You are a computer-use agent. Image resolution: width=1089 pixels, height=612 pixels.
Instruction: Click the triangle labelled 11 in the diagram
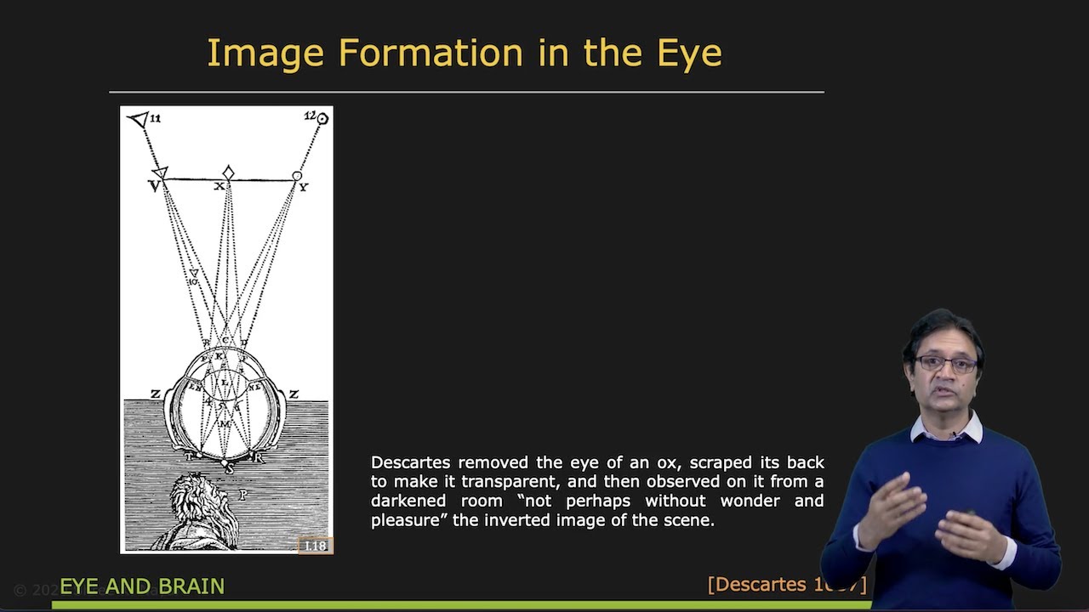[x=138, y=120]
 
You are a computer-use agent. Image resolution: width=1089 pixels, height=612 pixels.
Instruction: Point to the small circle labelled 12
[x=322, y=119]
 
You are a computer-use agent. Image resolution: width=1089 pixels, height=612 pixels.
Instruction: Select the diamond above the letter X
[x=228, y=173]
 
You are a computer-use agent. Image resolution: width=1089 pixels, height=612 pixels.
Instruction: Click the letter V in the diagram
[x=154, y=186]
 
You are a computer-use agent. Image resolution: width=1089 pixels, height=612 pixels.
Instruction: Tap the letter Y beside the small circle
[x=304, y=187]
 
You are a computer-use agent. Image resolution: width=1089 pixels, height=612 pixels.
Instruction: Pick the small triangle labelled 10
[x=193, y=274]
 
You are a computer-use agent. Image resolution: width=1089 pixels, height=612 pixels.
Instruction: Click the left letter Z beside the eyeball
[x=155, y=394]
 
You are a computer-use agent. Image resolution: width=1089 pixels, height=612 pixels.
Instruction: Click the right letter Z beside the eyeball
[x=294, y=394]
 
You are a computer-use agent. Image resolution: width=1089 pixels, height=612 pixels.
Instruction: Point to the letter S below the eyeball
[x=227, y=468]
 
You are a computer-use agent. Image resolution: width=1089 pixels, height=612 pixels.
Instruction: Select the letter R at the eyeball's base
[x=259, y=458]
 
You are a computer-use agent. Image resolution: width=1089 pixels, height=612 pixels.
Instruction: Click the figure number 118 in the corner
[x=315, y=546]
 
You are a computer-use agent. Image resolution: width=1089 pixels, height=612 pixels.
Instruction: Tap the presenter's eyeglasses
[x=946, y=364]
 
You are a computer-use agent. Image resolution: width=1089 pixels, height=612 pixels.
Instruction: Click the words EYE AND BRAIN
[x=142, y=586]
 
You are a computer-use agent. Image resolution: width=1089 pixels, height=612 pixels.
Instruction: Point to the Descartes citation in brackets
[x=786, y=585]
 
